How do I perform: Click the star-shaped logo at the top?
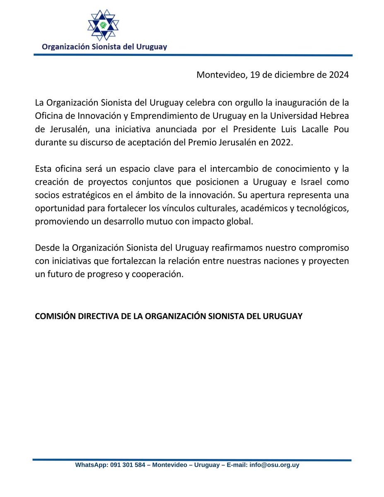[103, 24]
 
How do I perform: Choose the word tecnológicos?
[323, 210]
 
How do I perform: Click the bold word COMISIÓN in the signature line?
[54, 316]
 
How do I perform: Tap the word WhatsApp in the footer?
[91, 465]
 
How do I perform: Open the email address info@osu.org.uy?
[274, 465]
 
